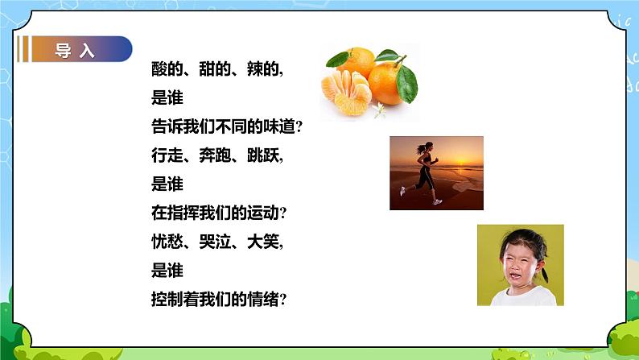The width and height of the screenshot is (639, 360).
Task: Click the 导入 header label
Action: point(75,51)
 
